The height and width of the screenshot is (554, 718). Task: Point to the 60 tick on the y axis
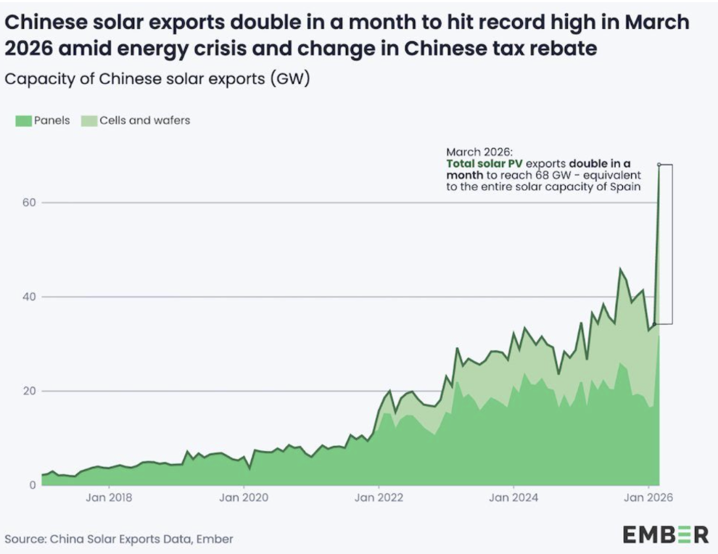coord(29,202)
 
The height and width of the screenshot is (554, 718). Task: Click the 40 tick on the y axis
coord(29,297)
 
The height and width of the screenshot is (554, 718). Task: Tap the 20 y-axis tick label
coord(29,391)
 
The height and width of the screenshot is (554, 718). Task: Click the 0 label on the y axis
coord(32,485)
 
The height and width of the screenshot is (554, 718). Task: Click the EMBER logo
coord(665,535)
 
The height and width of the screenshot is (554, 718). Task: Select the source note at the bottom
coord(119,539)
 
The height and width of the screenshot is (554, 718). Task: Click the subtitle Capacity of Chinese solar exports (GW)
coord(157,79)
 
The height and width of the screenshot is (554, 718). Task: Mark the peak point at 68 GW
coord(659,165)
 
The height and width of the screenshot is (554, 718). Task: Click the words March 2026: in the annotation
coord(479,152)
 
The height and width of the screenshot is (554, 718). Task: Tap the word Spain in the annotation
coord(627,187)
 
